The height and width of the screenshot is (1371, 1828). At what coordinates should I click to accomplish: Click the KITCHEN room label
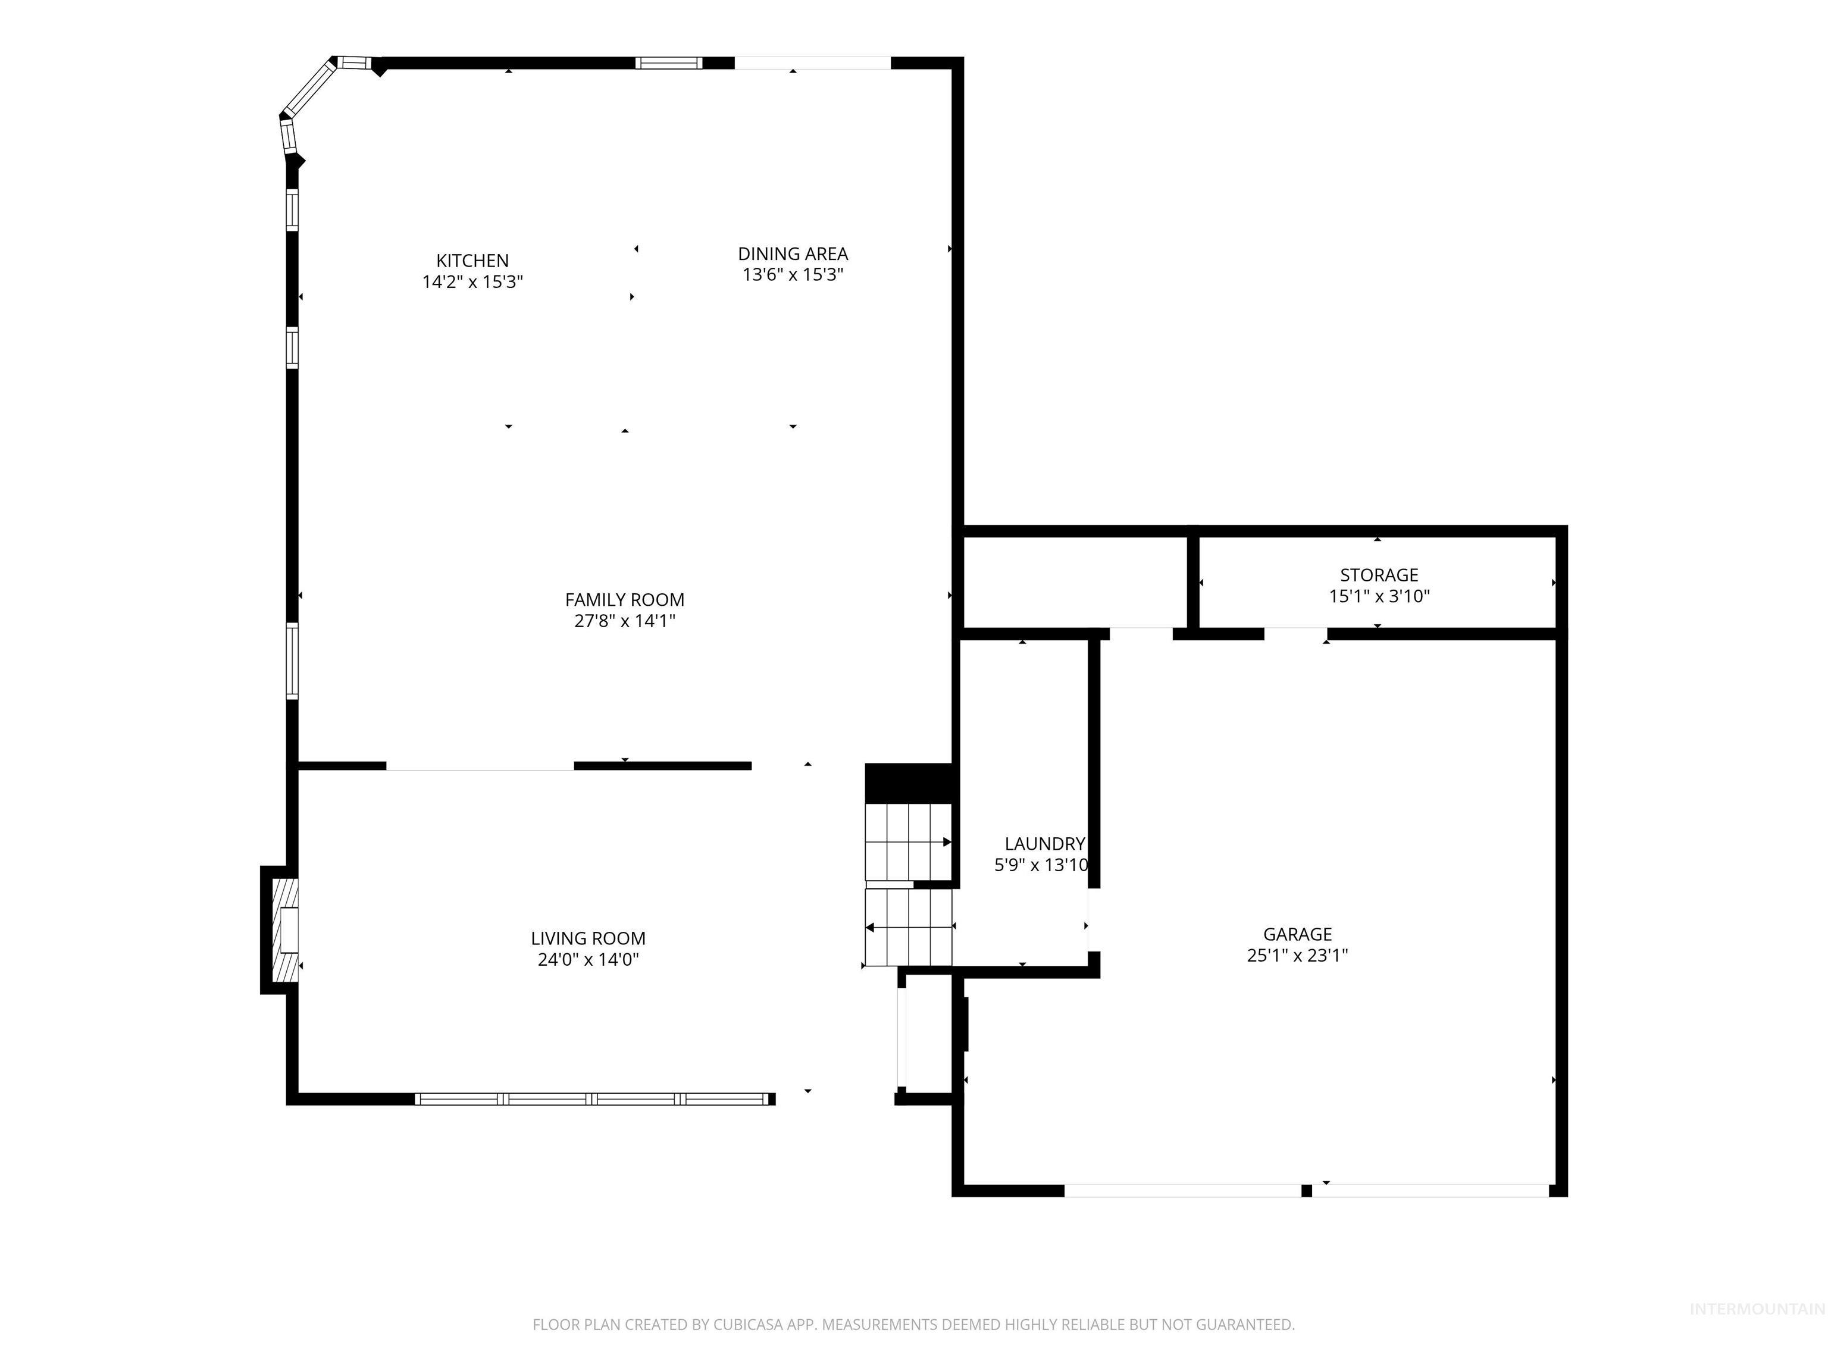[472, 260]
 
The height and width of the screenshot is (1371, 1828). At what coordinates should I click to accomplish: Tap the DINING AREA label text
[793, 253]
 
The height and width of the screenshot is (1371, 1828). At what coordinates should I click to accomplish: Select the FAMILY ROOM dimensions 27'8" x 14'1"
[624, 621]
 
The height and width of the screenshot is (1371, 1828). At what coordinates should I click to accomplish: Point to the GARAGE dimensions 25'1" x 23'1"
[1297, 955]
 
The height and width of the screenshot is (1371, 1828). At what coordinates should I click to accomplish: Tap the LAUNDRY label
[1044, 844]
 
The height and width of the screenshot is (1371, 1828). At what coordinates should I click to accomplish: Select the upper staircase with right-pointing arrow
[908, 841]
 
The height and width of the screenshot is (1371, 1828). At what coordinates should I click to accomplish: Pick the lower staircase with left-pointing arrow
[908, 927]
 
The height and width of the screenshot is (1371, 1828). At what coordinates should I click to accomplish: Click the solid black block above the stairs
[909, 782]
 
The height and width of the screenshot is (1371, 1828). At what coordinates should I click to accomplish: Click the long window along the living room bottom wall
[591, 1099]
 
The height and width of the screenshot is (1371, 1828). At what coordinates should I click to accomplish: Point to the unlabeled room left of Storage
[1075, 583]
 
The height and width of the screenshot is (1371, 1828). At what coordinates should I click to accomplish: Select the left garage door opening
[1182, 1191]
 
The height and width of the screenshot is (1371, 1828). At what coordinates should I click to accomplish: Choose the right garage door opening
[1431, 1191]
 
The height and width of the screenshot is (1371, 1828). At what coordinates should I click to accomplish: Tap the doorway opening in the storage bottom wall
[1295, 634]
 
